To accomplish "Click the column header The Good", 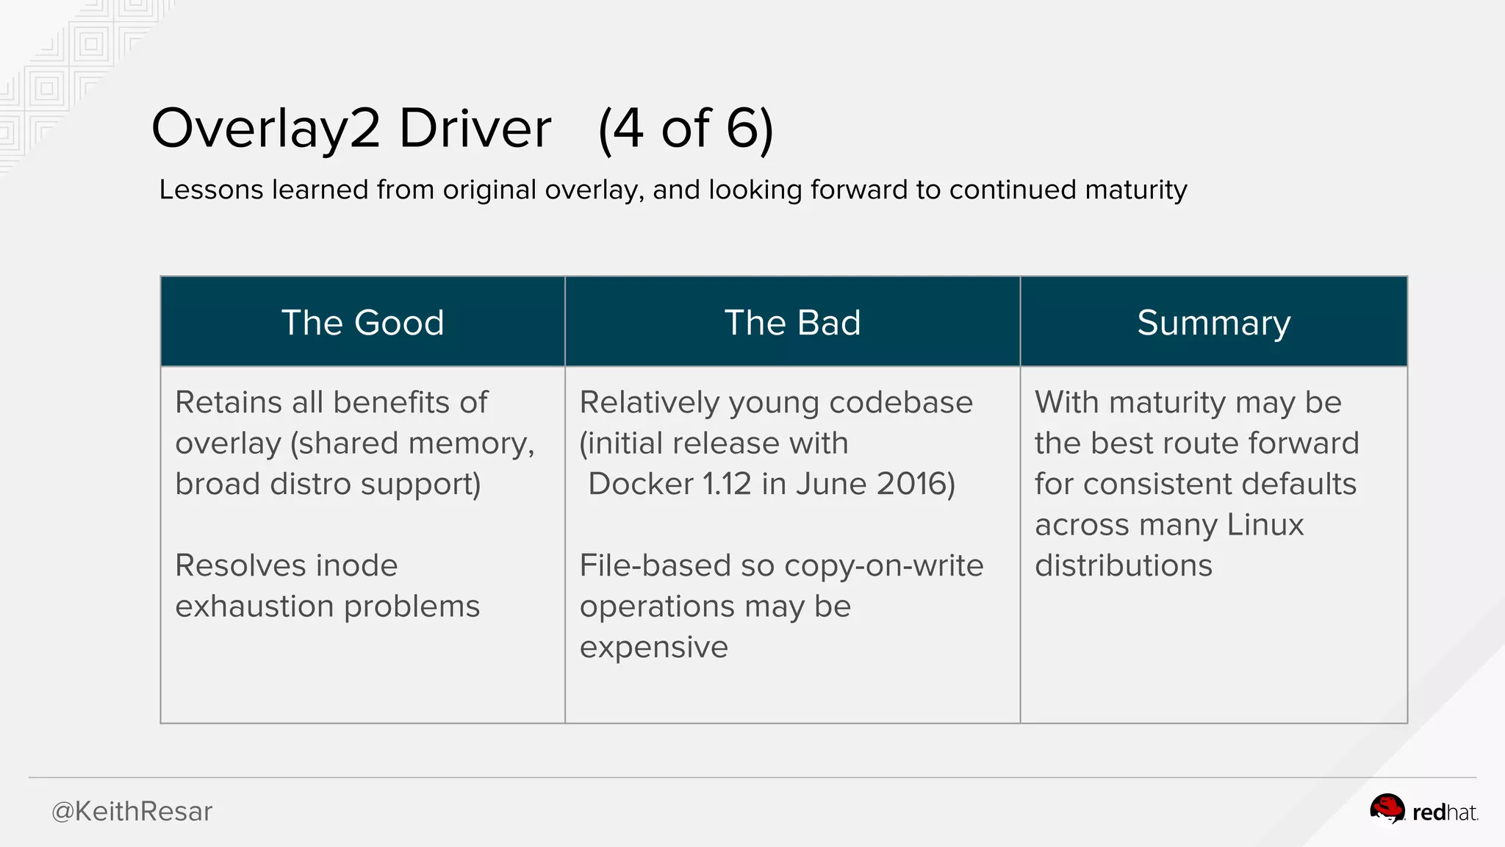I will pyautogui.click(x=362, y=323).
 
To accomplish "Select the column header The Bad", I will pyautogui.click(x=792, y=323).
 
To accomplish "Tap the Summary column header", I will pyautogui.click(x=1213, y=323).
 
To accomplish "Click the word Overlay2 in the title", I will pyautogui.click(x=265, y=129).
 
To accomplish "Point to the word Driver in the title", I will pyautogui.click(x=475, y=129).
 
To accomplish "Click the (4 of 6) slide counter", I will pyautogui.click(x=686, y=129).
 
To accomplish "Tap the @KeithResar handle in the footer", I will pyautogui.click(x=132, y=812).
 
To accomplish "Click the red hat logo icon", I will pyautogui.click(x=1387, y=810).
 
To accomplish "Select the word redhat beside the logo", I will pyautogui.click(x=1444, y=812).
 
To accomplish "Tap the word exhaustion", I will pyautogui.click(x=254, y=607).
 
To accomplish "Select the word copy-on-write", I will pyautogui.click(x=883, y=565).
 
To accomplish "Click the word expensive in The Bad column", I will pyautogui.click(x=653, y=647).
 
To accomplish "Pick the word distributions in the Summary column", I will pyautogui.click(x=1123, y=565).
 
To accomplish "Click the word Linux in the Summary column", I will pyautogui.click(x=1265, y=525).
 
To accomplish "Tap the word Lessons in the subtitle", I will pyautogui.click(x=211, y=190).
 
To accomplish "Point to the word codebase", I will pyautogui.click(x=900, y=403).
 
